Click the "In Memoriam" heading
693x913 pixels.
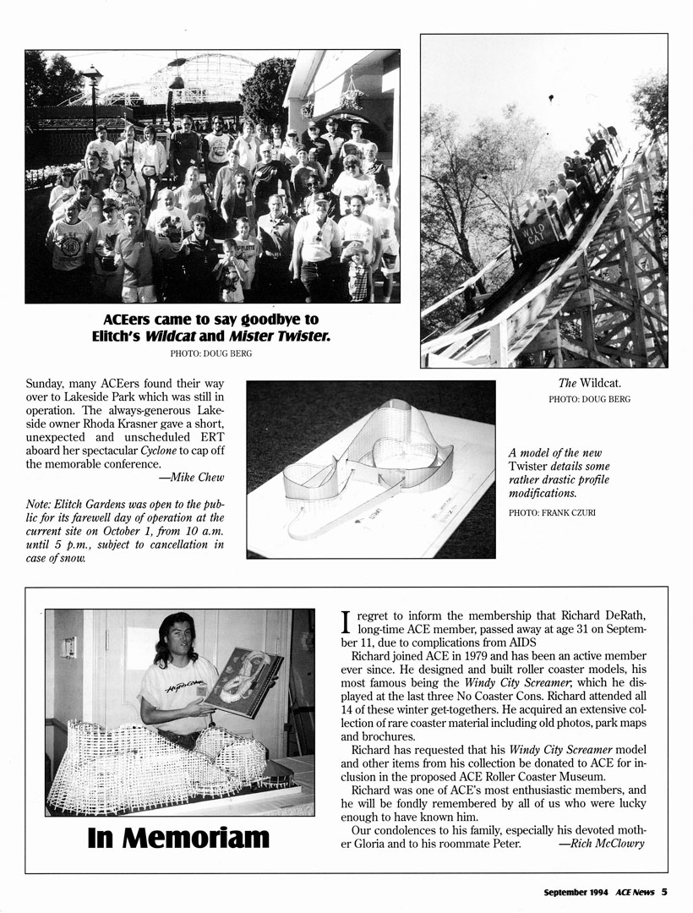click(178, 837)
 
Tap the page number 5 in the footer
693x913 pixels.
click(665, 891)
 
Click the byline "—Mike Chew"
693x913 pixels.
click(197, 478)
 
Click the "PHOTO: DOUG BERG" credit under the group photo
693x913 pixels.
click(211, 353)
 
